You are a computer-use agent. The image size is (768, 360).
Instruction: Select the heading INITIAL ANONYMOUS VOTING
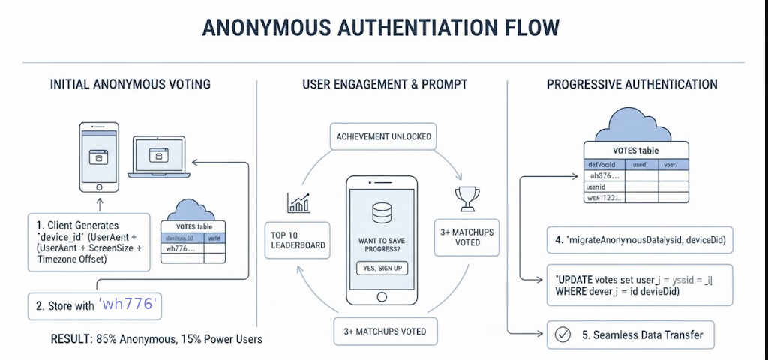[x=130, y=84]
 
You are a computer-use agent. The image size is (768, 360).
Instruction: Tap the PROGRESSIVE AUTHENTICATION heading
[x=631, y=84]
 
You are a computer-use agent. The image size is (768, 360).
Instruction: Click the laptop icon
[x=158, y=158]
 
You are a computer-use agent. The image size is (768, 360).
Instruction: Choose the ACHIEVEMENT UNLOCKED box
[x=383, y=136]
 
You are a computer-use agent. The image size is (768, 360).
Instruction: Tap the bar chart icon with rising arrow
[x=298, y=202]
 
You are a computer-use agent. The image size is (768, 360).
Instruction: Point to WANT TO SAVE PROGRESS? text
[x=382, y=244]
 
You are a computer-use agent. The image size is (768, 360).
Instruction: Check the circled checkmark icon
[x=561, y=334]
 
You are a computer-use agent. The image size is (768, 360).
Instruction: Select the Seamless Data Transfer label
[x=643, y=334]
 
